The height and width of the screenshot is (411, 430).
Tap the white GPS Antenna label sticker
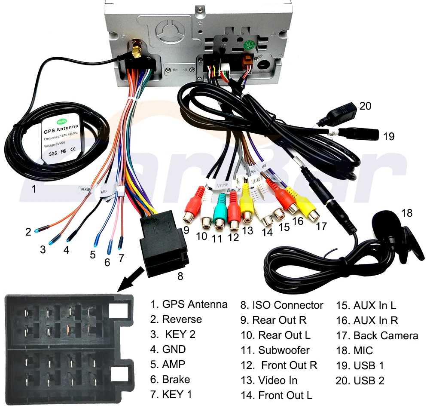click(61, 133)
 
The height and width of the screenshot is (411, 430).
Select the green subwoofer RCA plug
click(220, 211)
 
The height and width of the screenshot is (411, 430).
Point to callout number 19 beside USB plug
click(389, 137)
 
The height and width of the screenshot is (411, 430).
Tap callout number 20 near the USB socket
click(365, 106)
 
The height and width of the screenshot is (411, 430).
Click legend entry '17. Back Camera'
click(377, 336)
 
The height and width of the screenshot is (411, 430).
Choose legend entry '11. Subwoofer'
click(275, 350)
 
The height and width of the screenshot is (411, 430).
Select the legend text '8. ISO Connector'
click(281, 305)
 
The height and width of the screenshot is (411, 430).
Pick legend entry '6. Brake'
click(170, 380)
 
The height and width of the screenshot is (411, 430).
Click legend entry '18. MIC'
click(354, 351)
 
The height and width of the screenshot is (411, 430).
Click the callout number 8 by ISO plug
click(180, 276)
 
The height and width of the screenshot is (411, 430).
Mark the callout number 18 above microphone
click(406, 213)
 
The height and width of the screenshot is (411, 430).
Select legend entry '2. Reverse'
click(176, 319)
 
